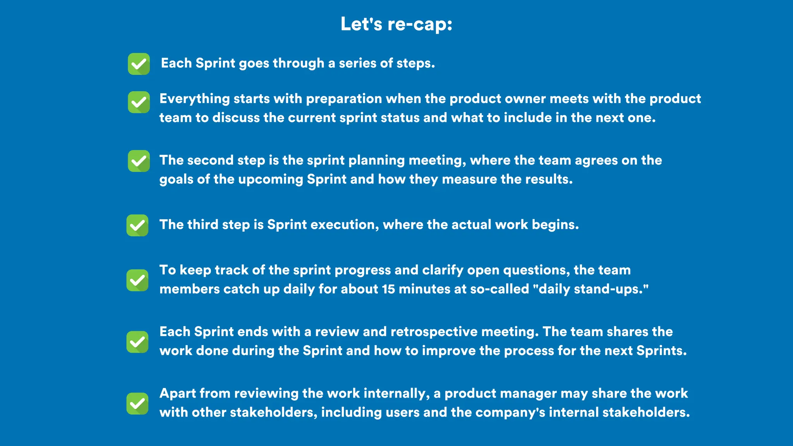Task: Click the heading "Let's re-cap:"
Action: [x=396, y=24]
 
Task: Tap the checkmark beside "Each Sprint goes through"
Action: [x=139, y=64]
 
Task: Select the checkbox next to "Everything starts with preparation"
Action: [x=139, y=102]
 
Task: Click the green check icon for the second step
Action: [x=139, y=161]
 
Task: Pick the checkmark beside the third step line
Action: [x=137, y=225]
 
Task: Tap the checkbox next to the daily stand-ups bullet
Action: [x=137, y=280]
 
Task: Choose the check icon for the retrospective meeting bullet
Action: [x=137, y=342]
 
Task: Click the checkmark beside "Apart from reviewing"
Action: [x=137, y=403]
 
